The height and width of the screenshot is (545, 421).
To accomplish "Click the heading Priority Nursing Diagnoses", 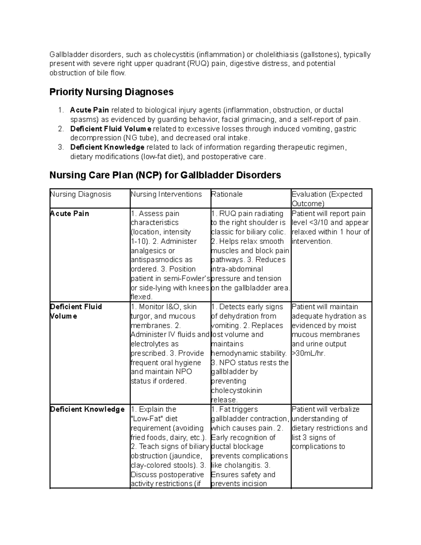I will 111,92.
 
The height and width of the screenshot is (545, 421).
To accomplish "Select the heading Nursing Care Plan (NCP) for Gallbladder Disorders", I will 165,175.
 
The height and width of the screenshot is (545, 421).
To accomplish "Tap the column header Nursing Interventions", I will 166,194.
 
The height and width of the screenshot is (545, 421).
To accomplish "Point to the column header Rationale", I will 227,194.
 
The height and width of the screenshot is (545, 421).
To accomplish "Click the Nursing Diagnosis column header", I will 80,194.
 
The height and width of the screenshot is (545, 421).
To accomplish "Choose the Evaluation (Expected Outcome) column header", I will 327,199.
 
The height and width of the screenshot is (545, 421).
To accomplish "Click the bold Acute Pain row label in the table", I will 69,213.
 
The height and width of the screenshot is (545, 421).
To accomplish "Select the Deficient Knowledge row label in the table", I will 87,410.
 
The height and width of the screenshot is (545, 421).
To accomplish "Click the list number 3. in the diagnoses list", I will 61,147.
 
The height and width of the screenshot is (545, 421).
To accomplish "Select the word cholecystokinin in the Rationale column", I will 236,391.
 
